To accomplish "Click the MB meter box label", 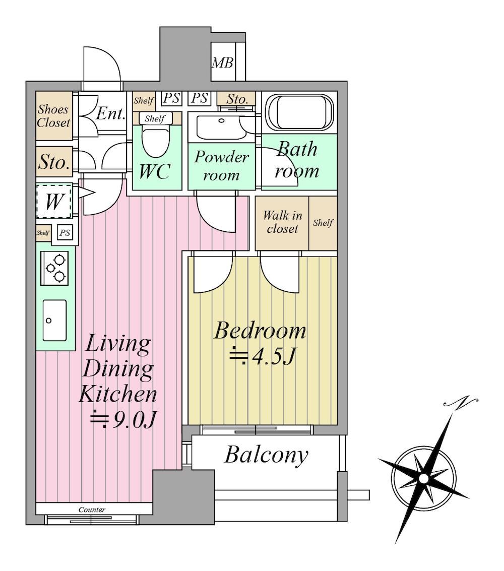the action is click(x=222, y=63).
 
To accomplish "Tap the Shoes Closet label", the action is click(x=53, y=116).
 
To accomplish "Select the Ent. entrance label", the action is click(x=110, y=113).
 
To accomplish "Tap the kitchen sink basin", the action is click(x=54, y=320).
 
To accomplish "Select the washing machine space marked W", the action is click(x=54, y=202).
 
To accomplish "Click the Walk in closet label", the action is click(x=282, y=222).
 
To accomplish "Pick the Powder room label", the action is click(x=221, y=166).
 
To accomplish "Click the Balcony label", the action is click(x=266, y=455).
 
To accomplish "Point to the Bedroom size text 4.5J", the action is click(x=262, y=356).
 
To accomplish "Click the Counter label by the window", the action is click(x=92, y=510).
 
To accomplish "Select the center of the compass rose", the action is click(x=423, y=478).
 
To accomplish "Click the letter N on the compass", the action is click(x=460, y=402).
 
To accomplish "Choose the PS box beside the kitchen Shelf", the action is click(x=65, y=232).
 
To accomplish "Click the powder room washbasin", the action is click(x=221, y=127).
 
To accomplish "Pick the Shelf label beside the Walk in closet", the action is click(x=323, y=222).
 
